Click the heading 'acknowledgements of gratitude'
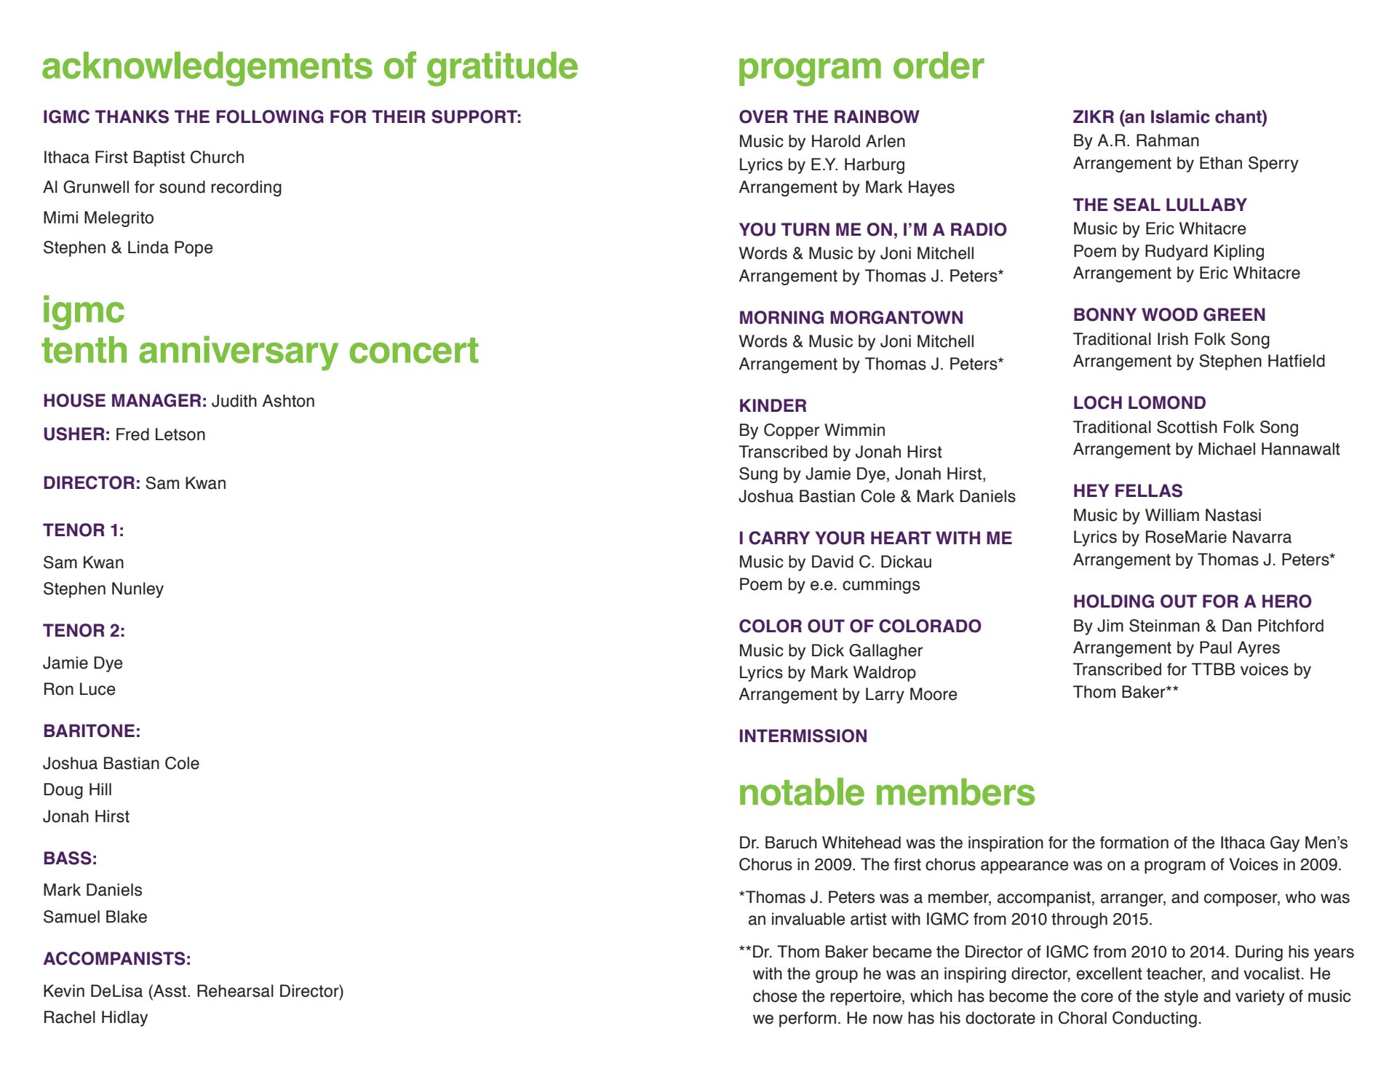310,66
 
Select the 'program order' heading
861,66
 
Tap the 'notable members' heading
886,792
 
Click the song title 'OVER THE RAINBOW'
829,117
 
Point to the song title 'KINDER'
773,406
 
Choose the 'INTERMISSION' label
803,736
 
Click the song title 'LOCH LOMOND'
1139,403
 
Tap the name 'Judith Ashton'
263,401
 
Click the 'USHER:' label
76,434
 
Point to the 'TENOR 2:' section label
84,631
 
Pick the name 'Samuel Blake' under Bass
95,917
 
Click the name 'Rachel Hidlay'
95,1017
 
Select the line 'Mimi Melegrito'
98,218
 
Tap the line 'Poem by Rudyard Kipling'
1169,251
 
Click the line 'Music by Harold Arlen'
822,141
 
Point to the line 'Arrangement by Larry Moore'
848,694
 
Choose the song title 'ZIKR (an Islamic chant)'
1170,117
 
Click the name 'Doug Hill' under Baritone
77,789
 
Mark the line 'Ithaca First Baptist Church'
143,157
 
